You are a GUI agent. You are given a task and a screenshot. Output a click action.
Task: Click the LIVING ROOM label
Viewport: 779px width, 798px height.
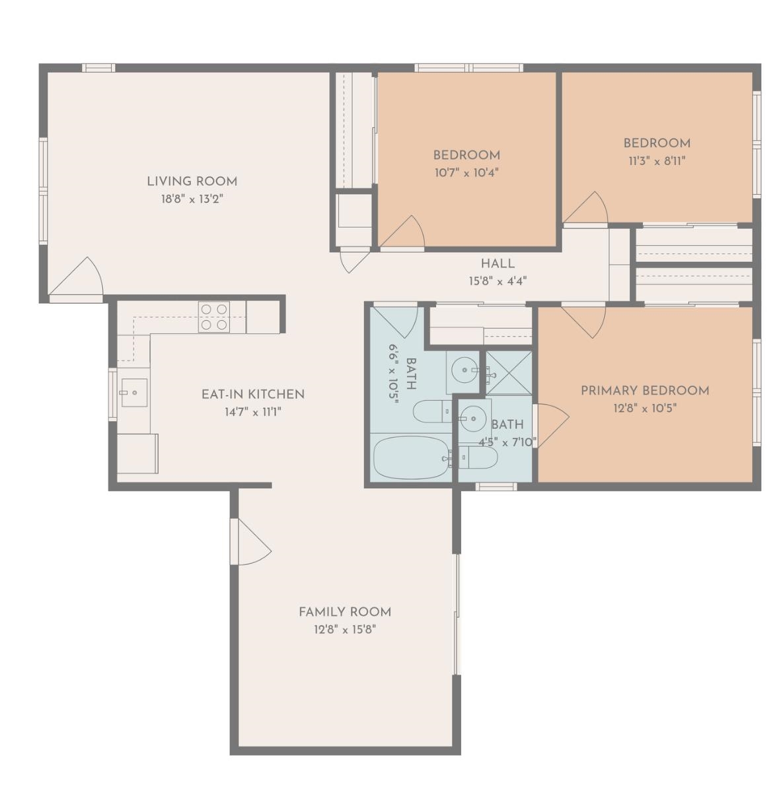tap(192, 181)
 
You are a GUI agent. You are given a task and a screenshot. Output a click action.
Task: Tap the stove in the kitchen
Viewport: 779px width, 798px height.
tap(214, 316)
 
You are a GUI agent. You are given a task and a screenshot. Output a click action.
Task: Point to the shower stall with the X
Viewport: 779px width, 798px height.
tap(509, 373)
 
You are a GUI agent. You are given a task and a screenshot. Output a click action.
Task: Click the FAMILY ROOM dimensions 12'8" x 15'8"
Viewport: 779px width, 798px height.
tap(345, 629)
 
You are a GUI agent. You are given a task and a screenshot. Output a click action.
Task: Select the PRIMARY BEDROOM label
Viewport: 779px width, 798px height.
tap(644, 390)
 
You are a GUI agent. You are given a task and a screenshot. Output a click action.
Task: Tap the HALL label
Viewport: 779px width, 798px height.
tap(498, 263)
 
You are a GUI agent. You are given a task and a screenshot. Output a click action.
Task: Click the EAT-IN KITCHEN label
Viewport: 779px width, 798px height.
tap(253, 394)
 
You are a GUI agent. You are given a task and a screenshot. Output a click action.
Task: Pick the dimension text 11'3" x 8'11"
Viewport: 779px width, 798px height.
tap(656, 160)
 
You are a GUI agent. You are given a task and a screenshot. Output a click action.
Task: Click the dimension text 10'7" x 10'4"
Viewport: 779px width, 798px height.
tap(466, 172)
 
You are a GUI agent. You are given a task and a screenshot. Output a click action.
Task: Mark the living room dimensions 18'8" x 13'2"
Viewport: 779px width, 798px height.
tap(192, 199)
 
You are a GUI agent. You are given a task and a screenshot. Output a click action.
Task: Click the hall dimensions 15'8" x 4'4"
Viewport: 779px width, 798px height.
tap(498, 281)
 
